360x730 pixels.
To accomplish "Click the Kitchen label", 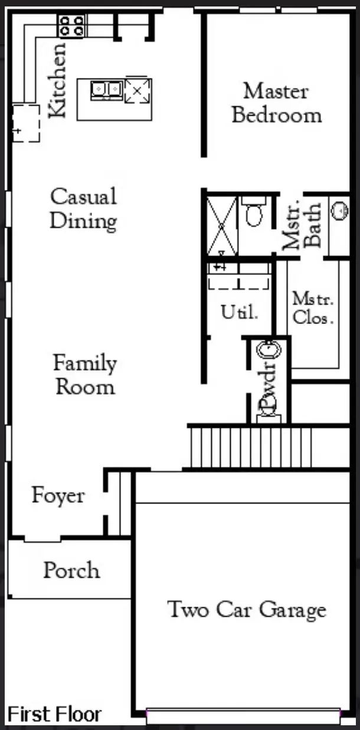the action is [x=57, y=80].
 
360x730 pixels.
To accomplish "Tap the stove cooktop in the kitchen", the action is [x=72, y=26].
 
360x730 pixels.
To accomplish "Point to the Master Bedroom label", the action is [x=276, y=103].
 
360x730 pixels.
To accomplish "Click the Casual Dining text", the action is [x=83, y=209].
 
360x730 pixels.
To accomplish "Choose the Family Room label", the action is [x=85, y=375].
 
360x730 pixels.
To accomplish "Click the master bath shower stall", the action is [x=222, y=226].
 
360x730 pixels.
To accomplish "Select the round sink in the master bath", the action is [x=340, y=211].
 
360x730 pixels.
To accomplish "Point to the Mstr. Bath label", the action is [x=302, y=225].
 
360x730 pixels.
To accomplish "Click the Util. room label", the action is [x=240, y=312].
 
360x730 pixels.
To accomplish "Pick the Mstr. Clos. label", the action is [x=313, y=308].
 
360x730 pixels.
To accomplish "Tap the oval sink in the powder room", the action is [x=269, y=351].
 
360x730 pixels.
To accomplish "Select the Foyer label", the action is [x=58, y=496].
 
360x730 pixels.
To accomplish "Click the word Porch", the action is [x=71, y=570].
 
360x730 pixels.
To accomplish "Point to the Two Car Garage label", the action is [x=247, y=609].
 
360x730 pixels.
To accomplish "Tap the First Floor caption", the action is [x=54, y=714].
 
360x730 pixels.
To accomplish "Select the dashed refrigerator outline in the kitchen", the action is [x=26, y=123].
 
